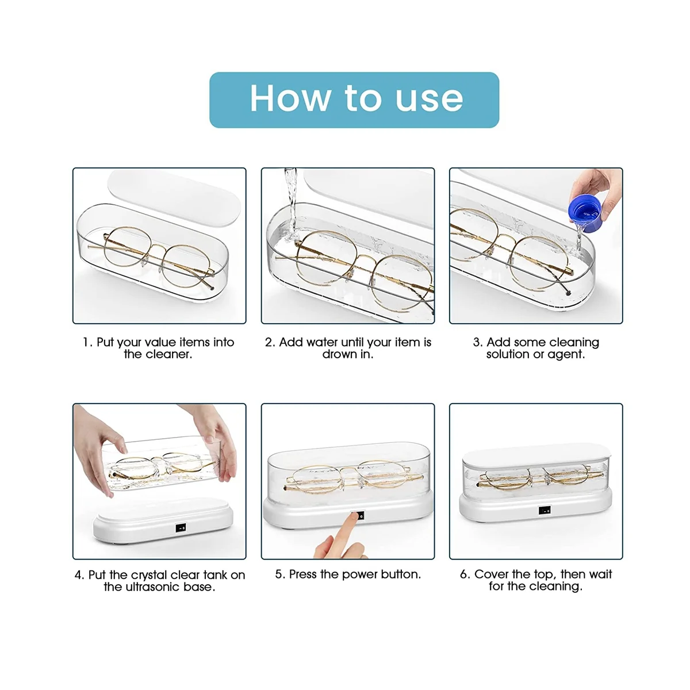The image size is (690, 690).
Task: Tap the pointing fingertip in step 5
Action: (355, 516)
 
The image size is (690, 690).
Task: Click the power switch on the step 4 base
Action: (181, 527)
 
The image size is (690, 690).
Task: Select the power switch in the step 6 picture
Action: (545, 510)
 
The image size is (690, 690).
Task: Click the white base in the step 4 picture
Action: (163, 520)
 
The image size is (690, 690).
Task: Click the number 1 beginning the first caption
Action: (86, 342)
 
